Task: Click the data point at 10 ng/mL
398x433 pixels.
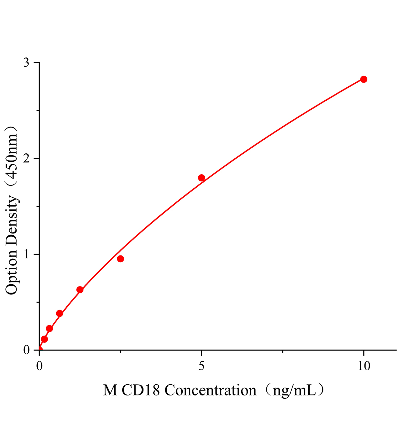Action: pos(363,79)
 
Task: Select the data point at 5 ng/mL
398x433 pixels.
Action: pos(202,178)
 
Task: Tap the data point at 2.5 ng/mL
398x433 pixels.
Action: pos(120,259)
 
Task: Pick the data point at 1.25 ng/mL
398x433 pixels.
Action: pos(80,290)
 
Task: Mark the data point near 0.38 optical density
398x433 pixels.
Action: pos(59,314)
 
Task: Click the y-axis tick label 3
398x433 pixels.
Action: pos(26,63)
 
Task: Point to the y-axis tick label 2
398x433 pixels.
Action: pos(26,158)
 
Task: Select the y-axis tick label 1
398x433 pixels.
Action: pos(26,254)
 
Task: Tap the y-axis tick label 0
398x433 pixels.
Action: pos(26,350)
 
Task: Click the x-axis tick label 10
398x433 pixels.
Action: pos(364,366)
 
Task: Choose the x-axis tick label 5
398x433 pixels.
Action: pos(202,366)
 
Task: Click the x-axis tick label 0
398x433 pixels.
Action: pos(39,366)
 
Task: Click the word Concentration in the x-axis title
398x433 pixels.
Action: pos(210,390)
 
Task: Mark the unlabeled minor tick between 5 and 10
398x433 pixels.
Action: pos(283,351)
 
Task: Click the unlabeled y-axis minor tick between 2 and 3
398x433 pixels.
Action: pos(38,111)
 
